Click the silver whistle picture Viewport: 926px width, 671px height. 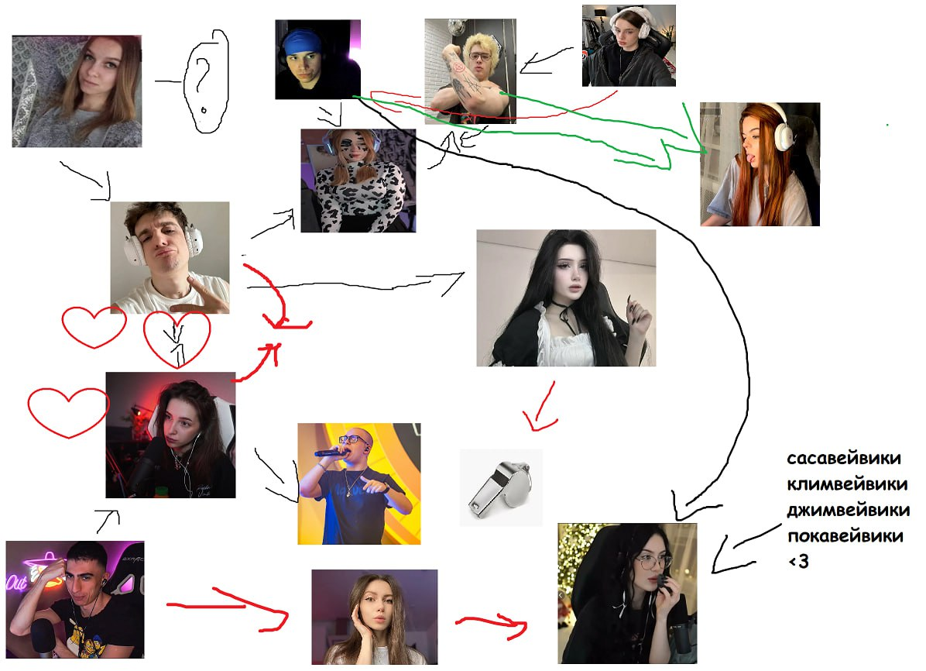tap(501, 487)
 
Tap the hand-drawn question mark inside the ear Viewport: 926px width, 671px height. tap(203, 78)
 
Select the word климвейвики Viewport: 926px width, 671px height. tap(846, 485)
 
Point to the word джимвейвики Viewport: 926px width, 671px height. tap(848, 511)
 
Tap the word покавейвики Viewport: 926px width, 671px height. tap(845, 536)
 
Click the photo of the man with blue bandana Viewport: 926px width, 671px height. tap(317, 60)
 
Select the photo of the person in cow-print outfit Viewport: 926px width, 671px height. tap(358, 181)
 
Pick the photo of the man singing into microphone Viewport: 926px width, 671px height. tap(358, 483)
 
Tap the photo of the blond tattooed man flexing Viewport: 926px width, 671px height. tap(470, 71)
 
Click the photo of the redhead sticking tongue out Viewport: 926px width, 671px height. tap(759, 164)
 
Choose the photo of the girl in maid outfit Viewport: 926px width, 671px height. tap(565, 298)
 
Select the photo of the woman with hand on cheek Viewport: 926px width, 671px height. tap(374, 617)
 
